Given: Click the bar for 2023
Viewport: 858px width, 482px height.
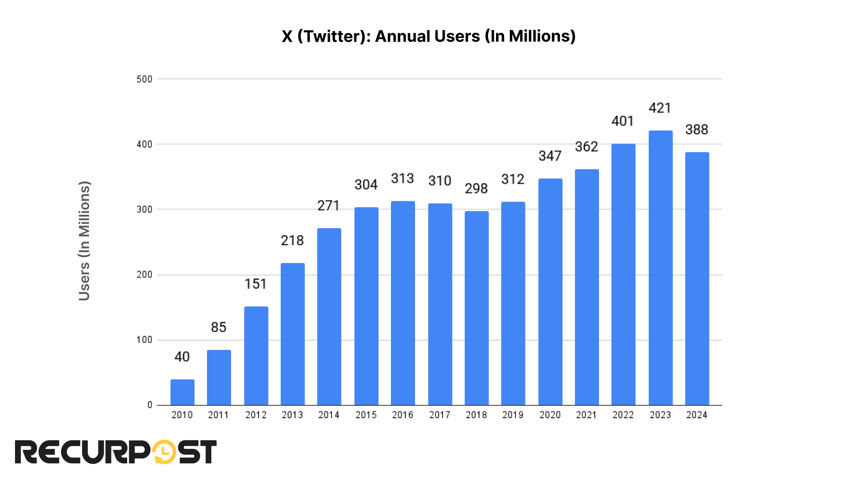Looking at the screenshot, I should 660,268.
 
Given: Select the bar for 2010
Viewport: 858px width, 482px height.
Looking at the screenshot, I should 182,392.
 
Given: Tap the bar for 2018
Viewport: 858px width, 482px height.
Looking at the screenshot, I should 476,308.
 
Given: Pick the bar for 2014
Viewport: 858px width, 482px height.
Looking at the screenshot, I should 329,316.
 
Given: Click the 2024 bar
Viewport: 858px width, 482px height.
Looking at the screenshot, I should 697,278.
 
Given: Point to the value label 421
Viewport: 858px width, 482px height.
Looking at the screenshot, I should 660,108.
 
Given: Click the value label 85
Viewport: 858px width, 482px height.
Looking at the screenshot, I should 218,327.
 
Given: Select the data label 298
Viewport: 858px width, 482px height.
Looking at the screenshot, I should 476,189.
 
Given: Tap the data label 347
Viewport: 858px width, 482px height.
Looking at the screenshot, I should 550,156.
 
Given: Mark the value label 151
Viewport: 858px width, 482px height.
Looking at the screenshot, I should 255,284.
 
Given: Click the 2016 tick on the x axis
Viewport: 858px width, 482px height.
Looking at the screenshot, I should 402,415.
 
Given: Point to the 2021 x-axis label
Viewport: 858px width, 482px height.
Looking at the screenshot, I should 586,415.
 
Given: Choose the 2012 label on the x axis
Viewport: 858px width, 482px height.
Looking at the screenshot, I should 256,415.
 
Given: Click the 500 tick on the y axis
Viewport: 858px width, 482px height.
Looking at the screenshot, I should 144,79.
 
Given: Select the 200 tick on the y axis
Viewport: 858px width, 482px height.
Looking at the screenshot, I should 144,275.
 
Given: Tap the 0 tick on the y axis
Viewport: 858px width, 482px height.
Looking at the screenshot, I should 150,405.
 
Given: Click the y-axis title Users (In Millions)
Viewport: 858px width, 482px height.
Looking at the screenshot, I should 84,241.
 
